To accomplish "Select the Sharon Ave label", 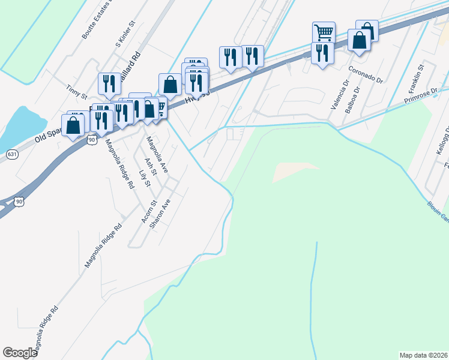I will (x=160, y=213).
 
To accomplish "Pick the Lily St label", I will (x=143, y=178).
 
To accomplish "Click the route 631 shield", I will (x=12, y=154).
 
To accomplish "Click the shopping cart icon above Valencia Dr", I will (x=324, y=32).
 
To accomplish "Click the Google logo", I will (x=20, y=353).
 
